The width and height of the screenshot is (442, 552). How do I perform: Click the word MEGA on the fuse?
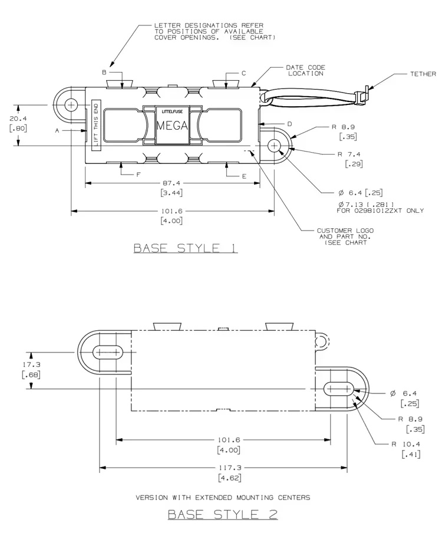172,126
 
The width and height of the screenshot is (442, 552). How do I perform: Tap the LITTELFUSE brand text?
172,111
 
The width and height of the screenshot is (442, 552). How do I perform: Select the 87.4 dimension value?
171,183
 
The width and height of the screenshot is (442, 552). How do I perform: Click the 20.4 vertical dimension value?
18,119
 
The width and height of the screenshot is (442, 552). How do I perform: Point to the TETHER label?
423,74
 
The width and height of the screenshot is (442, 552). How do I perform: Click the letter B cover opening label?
104,72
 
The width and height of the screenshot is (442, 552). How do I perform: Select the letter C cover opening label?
243,73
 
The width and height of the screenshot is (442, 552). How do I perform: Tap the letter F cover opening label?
138,174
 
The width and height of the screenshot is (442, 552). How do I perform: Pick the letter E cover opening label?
244,176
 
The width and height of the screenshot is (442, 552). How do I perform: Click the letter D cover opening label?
289,124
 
